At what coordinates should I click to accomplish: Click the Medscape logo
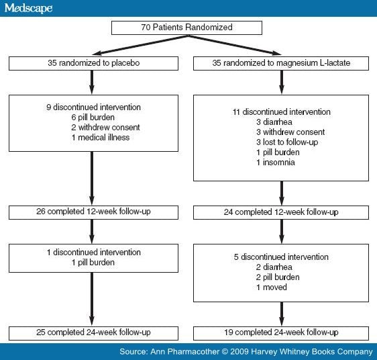(27, 9)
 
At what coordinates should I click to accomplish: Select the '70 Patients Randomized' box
(188, 28)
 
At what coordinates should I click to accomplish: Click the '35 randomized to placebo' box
(94, 63)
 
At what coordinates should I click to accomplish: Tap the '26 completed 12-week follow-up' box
(94, 212)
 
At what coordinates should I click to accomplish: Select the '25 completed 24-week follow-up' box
(94, 332)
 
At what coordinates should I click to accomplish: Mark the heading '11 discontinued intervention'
(281, 112)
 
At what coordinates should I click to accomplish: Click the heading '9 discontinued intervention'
(93, 106)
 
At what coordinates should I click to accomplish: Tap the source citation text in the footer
(246, 351)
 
